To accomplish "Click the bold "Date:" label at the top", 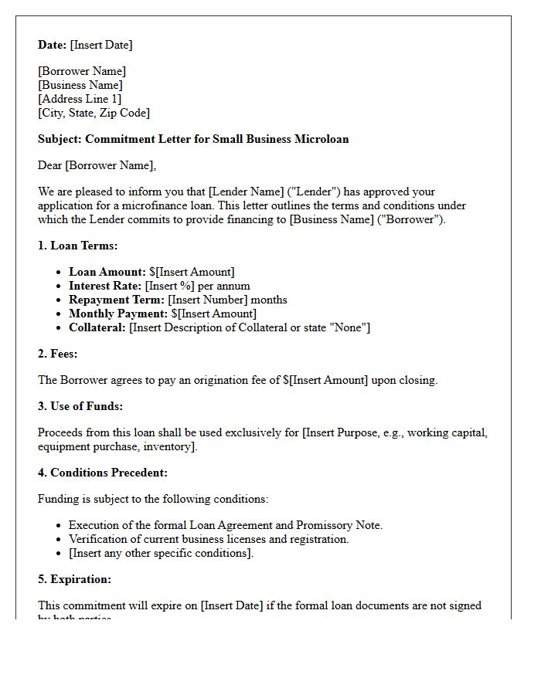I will coord(52,46).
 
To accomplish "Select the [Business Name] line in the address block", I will coord(80,86).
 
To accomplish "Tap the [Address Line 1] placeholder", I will coord(80,100).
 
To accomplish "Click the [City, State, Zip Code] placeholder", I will coord(94,114).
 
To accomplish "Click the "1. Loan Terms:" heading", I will coord(77,246).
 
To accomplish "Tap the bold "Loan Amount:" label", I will coord(107,272).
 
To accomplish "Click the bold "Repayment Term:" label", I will coord(117,300).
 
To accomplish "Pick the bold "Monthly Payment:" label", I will coord(118,314).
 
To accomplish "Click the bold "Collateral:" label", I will coord(97,327).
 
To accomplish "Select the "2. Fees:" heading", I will coord(58,354).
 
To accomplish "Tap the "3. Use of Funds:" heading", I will coord(80,406).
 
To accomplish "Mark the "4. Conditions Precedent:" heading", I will coord(103,473).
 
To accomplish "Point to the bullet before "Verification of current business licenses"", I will coord(60,540).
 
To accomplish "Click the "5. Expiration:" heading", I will coord(76,579).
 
